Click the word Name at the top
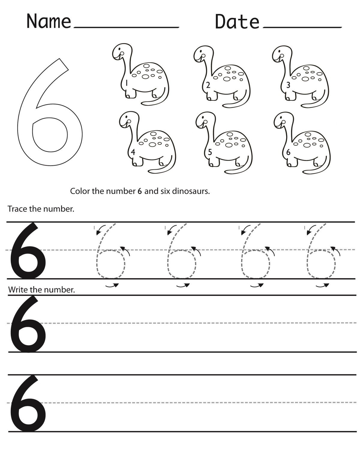49,21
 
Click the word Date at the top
237,22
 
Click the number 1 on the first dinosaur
127,83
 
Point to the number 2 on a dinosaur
208,85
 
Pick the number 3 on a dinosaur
288,85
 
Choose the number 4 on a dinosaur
133,152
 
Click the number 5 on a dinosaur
210,152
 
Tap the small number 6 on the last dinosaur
288,153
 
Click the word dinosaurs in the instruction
191,191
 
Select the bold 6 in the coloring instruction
139,191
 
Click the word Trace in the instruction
18,209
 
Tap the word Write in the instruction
18,290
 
